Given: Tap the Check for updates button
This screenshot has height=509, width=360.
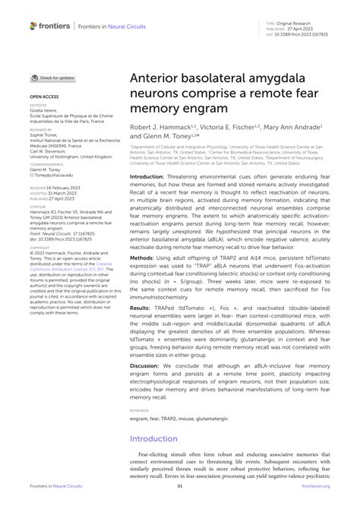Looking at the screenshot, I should click(x=52, y=77).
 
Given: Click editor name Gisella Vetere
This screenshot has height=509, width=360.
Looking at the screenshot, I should click(x=45, y=111).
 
